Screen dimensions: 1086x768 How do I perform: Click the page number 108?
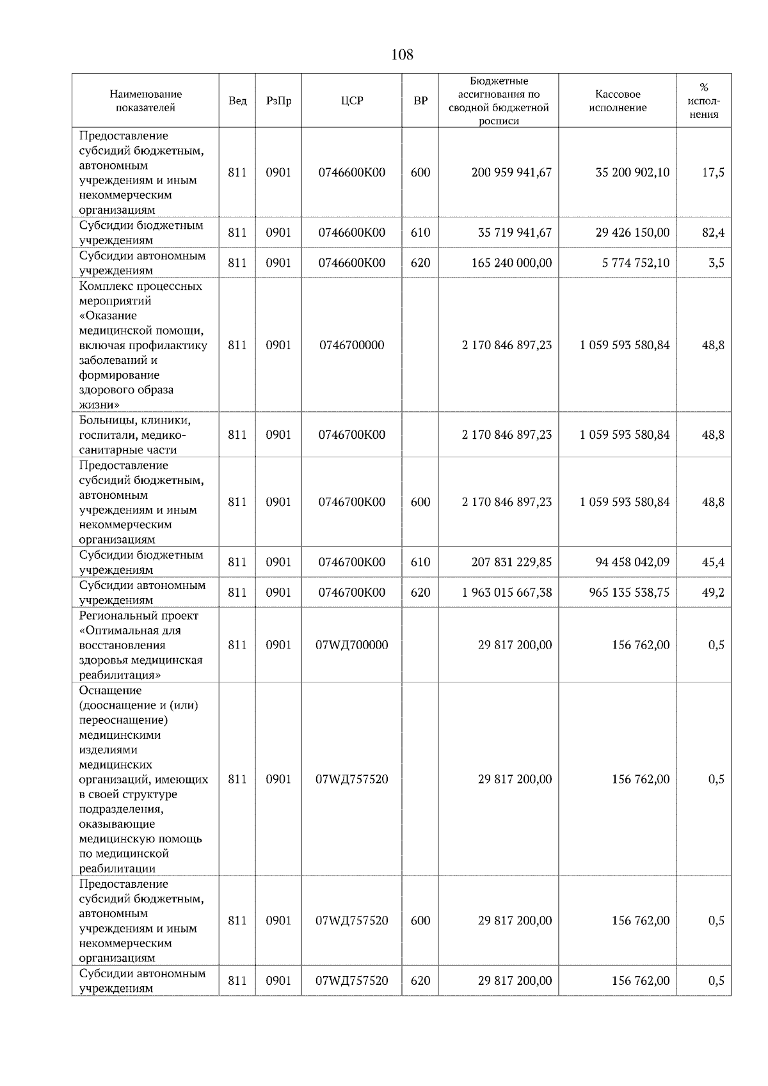coord(402,55)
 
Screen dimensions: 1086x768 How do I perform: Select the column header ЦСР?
coord(352,101)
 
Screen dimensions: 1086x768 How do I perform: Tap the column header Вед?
coord(237,101)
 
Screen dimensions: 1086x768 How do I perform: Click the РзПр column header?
coord(278,101)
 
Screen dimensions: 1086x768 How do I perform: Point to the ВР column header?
coord(420,101)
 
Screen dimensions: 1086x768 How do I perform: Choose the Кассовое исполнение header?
coord(618,101)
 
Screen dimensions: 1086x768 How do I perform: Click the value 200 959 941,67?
coord(511,173)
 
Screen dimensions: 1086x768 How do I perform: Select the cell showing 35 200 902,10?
coord(632,173)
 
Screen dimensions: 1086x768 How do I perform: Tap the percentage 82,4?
coord(713,233)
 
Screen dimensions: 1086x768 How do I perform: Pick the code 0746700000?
coord(352,345)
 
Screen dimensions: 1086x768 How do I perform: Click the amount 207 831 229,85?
coord(515,562)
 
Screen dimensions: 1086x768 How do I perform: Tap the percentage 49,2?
coord(713,592)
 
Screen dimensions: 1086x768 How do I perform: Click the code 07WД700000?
coord(352,645)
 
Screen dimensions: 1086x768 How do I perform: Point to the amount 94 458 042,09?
coord(632,562)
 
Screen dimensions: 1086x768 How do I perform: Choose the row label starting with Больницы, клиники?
coord(135,435)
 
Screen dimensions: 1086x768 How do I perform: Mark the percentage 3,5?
coord(716,263)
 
